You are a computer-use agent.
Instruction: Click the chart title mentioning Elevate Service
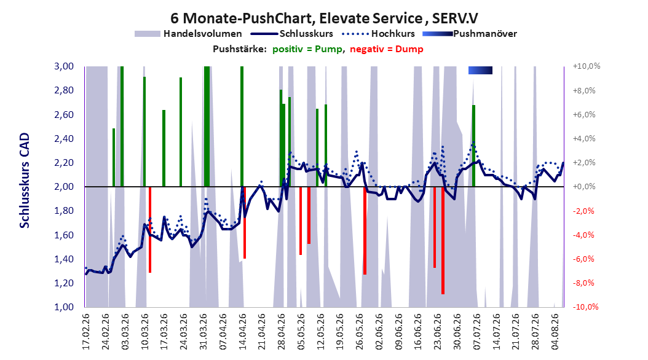[324, 18]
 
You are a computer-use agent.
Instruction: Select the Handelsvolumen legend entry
[189, 34]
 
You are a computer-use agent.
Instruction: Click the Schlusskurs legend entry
[292, 34]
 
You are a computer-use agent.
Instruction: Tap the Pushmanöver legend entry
[470, 34]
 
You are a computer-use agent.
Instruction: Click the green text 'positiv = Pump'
[307, 49]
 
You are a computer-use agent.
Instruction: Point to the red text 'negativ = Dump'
[387, 49]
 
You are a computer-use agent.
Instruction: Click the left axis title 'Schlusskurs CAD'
[25, 181]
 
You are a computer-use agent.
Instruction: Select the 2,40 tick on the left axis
[64, 139]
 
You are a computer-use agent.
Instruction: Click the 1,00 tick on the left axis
[64, 307]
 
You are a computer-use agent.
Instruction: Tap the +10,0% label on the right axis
[587, 66]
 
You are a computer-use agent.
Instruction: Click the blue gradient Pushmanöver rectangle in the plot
[480, 70]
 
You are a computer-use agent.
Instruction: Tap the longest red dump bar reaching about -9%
[443, 240]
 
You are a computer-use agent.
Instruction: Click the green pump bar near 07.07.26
[473, 146]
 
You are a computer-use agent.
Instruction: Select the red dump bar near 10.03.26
[149, 230]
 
